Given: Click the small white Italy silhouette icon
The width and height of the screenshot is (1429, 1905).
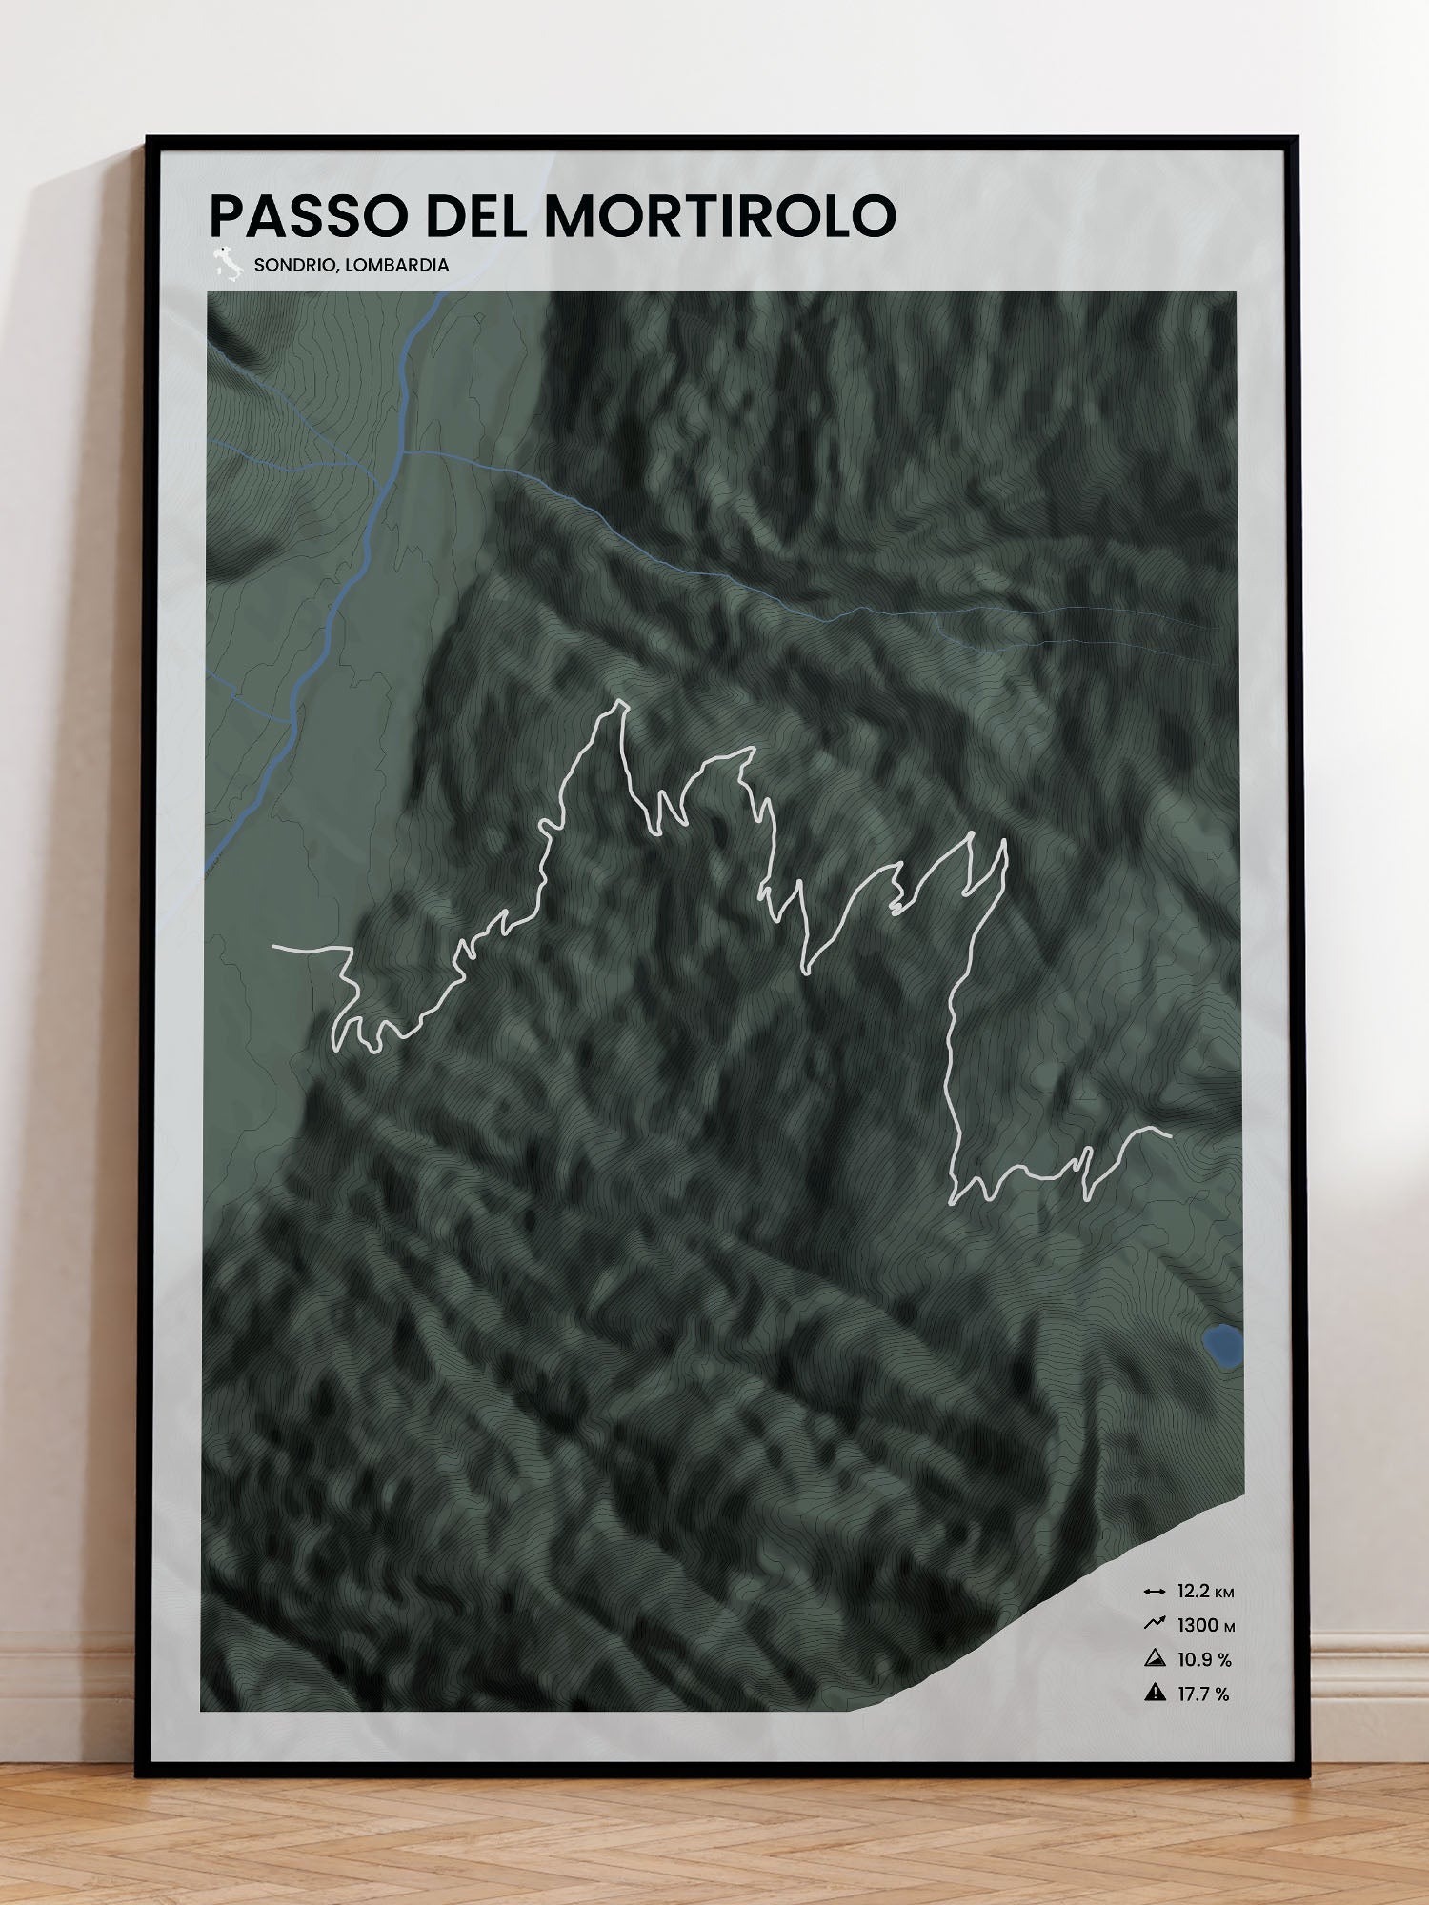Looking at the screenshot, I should pyautogui.click(x=227, y=264).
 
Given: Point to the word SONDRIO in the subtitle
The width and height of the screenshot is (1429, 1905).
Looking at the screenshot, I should pyautogui.click(x=292, y=265).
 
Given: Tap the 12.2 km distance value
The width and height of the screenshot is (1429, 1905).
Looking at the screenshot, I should pyautogui.click(x=1205, y=1592).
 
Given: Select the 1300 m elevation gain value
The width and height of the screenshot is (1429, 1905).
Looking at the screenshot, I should pyautogui.click(x=1205, y=1626).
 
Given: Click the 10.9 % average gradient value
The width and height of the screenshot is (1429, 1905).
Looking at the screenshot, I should pyautogui.click(x=1204, y=1660).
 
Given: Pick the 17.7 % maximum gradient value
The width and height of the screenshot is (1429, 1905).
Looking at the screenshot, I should pyautogui.click(x=1203, y=1694).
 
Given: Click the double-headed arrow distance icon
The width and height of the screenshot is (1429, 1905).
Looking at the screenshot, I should pyautogui.click(x=1155, y=1592).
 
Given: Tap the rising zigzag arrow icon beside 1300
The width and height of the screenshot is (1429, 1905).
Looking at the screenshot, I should pyautogui.click(x=1155, y=1624).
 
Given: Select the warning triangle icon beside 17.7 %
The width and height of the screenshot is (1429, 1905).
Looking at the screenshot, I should pyautogui.click(x=1155, y=1693).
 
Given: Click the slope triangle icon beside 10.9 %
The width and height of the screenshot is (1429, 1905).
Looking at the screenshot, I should pyautogui.click(x=1155, y=1659).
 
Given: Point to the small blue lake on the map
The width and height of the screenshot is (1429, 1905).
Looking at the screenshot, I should pyautogui.click(x=1222, y=1346).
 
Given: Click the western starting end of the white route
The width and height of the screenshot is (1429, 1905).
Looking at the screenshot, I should pyautogui.click(x=274, y=948).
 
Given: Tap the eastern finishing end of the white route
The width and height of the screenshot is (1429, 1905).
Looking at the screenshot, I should pyautogui.click(x=1168, y=1133).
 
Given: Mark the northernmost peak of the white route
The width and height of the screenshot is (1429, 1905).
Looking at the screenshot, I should pyautogui.click(x=622, y=703).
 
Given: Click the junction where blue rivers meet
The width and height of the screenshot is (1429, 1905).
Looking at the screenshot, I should pyautogui.click(x=403, y=451).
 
